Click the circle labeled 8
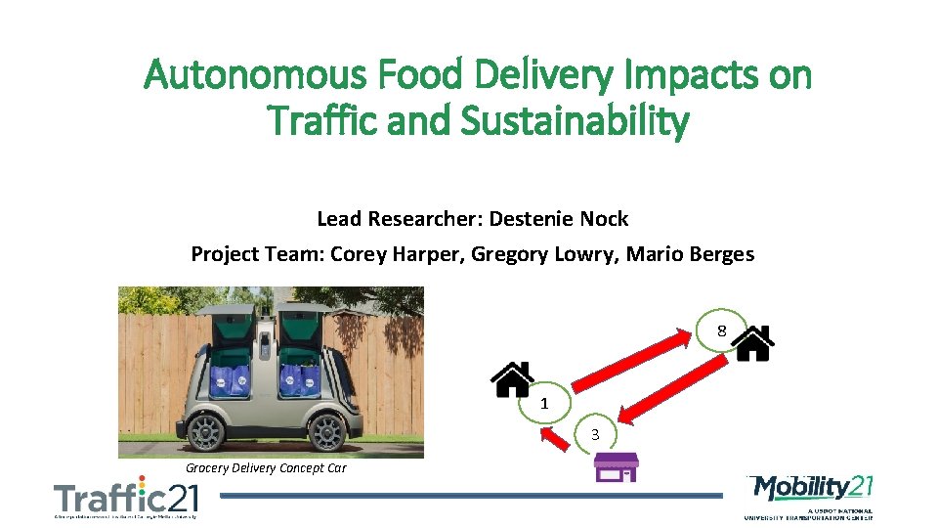pyautogui.click(x=721, y=330)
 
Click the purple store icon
pyautogui.click(x=617, y=466)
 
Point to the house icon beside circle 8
pyautogui.click(x=753, y=343)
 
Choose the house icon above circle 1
pyautogui.click(x=511, y=378)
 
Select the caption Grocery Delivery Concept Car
pyautogui.click(x=266, y=467)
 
